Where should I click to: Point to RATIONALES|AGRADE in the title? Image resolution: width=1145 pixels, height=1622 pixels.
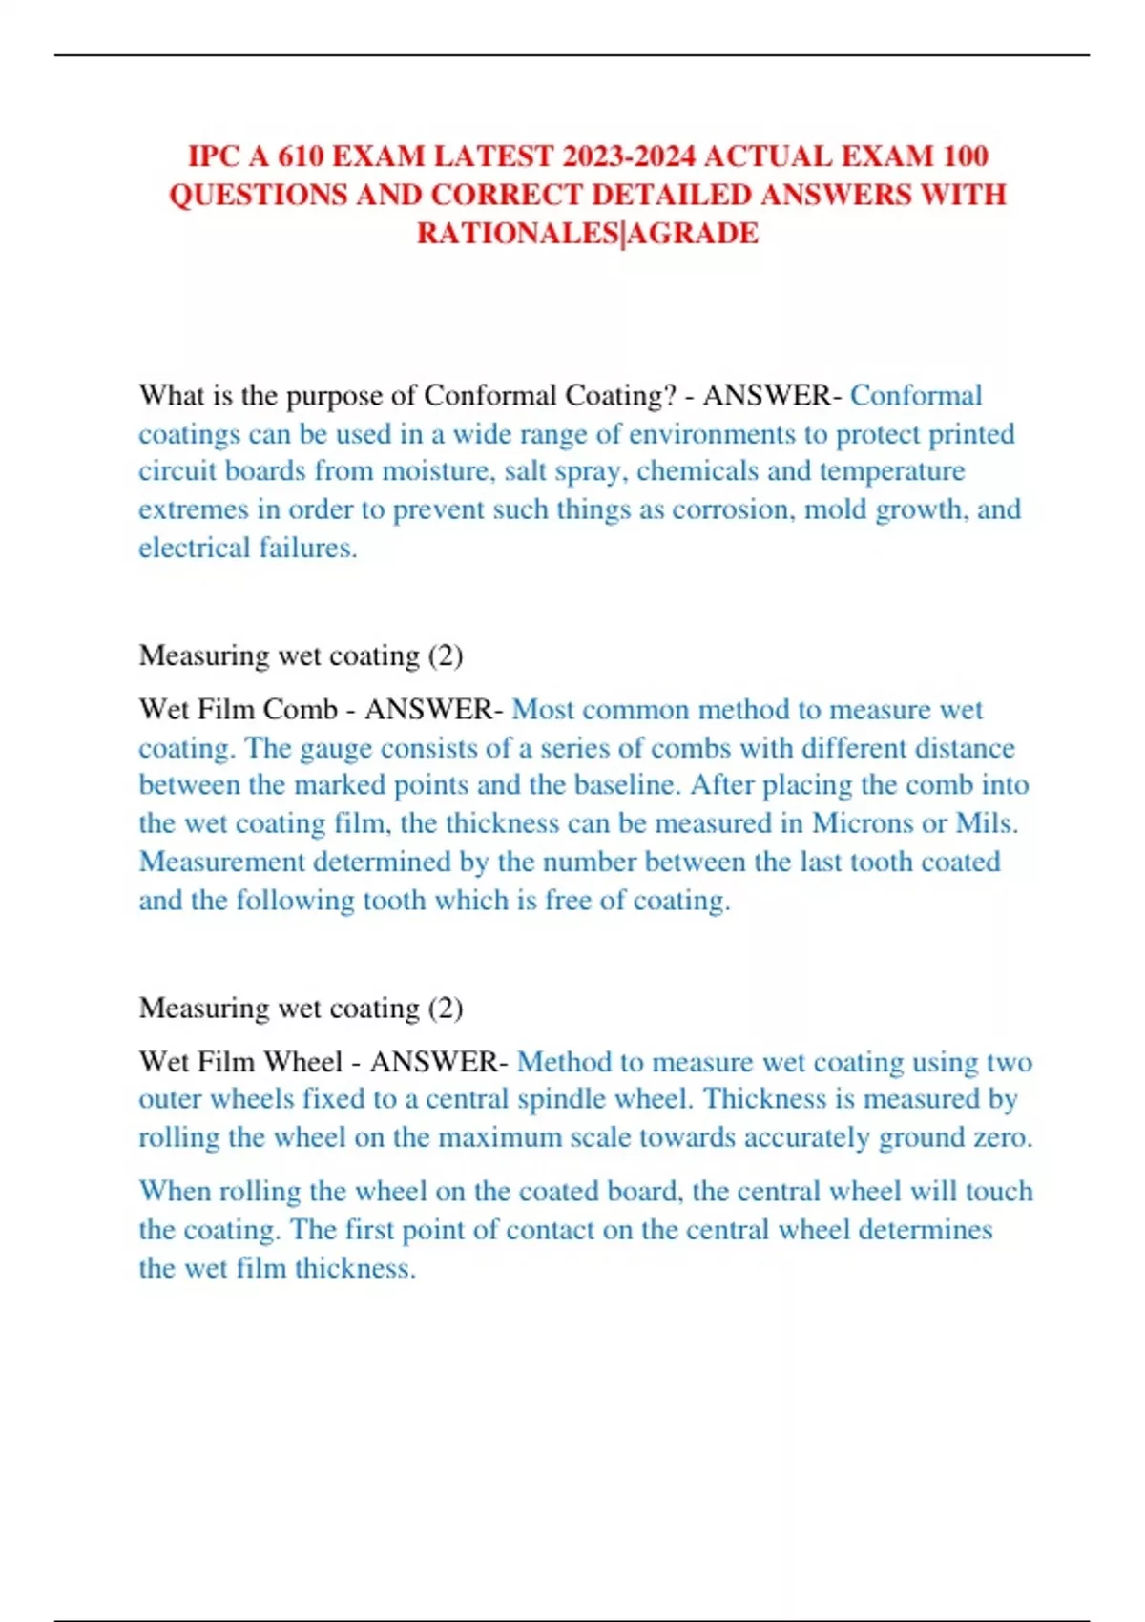(x=588, y=233)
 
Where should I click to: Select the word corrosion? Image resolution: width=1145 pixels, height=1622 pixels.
(x=731, y=509)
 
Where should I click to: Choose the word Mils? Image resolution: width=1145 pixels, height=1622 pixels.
(x=987, y=823)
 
